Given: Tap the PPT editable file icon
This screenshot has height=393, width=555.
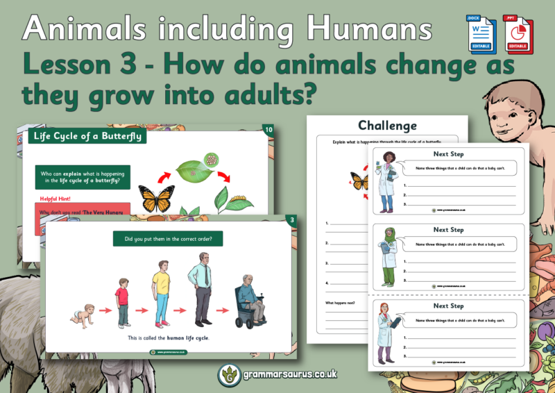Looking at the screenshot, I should (514, 32).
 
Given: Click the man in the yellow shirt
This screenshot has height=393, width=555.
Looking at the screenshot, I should (162, 296).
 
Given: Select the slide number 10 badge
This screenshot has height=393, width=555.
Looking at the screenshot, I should (269, 130).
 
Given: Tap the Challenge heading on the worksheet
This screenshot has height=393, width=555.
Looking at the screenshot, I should (387, 126).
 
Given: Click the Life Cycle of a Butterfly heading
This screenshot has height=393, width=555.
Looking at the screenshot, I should (87, 136).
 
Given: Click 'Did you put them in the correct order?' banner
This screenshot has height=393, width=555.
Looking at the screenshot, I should (168, 240).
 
